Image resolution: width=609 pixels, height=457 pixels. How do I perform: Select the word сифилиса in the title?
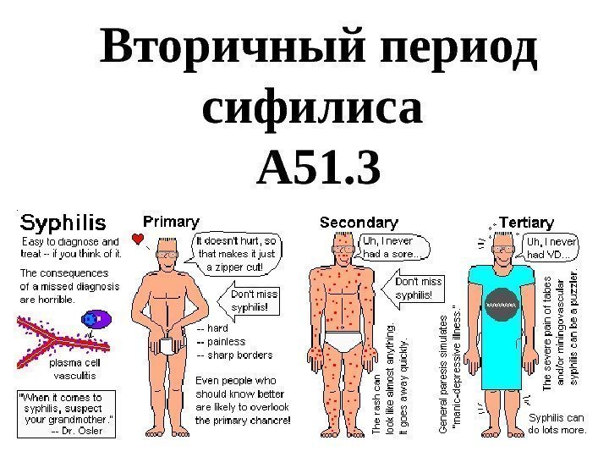click(x=312, y=108)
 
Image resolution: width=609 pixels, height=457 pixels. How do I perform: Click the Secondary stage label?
click(x=359, y=223)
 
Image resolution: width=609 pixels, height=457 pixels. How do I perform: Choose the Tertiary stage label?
click(x=527, y=223)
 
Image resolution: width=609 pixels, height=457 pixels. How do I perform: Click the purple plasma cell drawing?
click(x=97, y=319)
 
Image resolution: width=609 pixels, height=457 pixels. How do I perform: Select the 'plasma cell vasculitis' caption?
click(x=75, y=369)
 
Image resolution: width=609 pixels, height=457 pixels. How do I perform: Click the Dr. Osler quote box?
click(x=68, y=413)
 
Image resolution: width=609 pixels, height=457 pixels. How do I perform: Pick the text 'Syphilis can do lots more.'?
click(x=556, y=423)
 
